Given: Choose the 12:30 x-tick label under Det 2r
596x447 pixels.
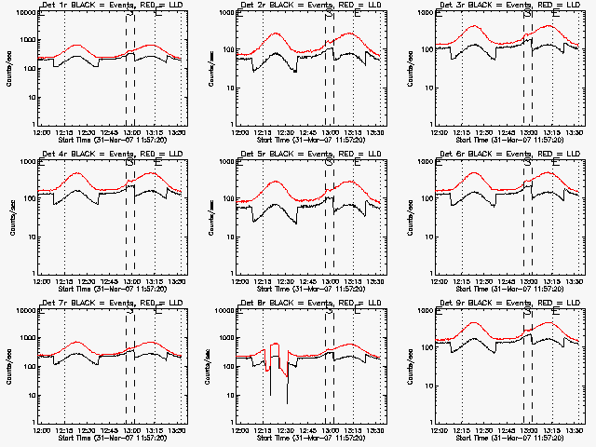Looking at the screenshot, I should (x=287, y=131).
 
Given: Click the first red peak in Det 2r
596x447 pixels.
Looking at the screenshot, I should (x=277, y=34).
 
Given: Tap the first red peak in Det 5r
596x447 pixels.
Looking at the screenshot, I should (x=277, y=182).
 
